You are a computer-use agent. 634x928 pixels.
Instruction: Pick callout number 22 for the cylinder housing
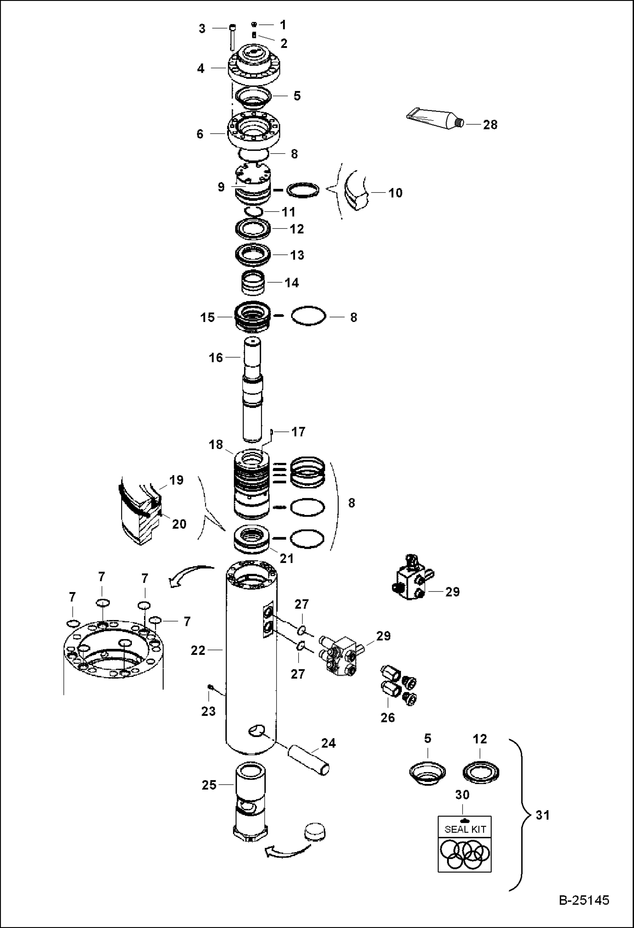198,650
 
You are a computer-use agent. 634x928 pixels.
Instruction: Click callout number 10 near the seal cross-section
395,193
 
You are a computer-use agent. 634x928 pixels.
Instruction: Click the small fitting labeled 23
210,687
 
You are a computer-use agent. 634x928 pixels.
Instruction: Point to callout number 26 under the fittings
387,717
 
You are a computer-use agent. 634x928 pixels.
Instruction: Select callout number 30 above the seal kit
462,795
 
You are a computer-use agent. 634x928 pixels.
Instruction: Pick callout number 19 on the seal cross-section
177,480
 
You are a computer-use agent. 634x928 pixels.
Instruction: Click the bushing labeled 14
253,283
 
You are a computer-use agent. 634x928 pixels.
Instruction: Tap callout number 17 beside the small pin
298,432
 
